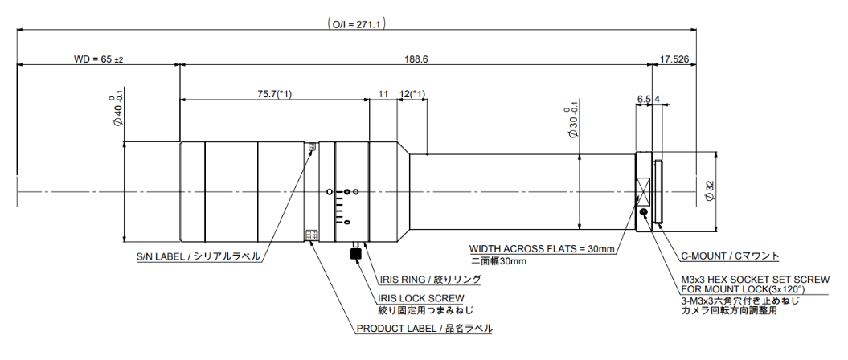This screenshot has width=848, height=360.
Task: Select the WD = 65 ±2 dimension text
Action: point(98,59)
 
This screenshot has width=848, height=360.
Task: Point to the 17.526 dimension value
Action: point(674,59)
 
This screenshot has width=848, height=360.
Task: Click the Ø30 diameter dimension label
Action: point(572,122)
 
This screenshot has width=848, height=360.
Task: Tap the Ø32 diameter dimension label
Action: point(710,191)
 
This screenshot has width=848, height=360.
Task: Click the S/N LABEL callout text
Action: point(198,257)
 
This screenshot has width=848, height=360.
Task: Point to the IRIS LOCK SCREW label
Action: point(421,298)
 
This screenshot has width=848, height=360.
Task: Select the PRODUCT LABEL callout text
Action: point(424,329)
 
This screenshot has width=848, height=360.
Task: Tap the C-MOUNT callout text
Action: point(730,256)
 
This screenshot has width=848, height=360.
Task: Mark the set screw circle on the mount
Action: point(645,213)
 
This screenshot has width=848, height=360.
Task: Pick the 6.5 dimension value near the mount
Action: point(643,99)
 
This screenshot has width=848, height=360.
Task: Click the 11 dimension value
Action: point(383,94)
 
